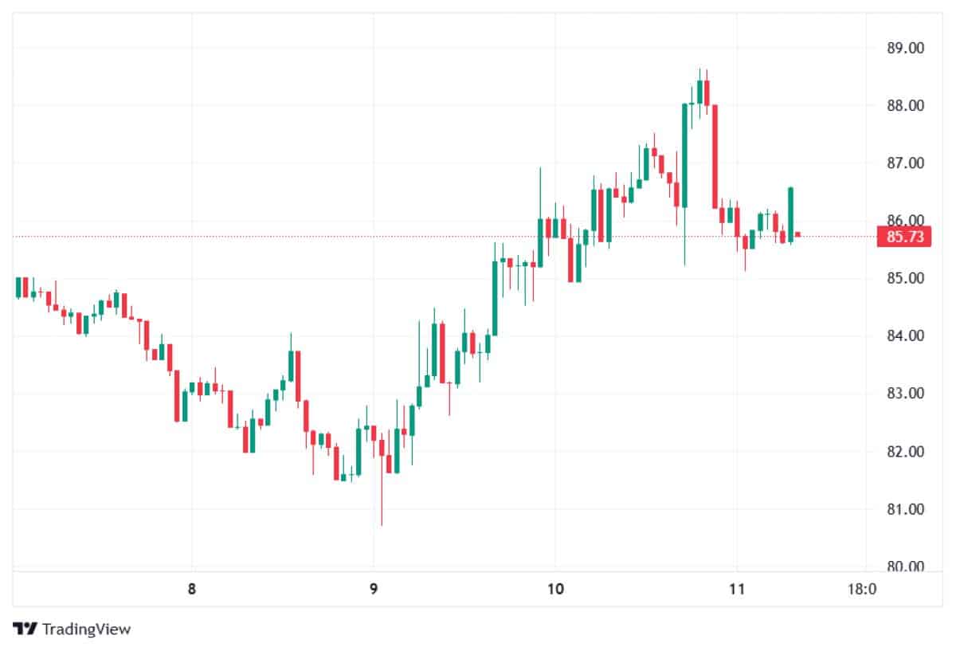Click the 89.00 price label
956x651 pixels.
tap(905, 48)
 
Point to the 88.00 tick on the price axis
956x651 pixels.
tap(905, 105)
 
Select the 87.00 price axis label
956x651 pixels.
tap(905, 163)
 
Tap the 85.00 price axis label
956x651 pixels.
tap(905, 278)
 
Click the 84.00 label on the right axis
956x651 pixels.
tap(905, 336)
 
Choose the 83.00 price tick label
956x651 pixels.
tap(905, 393)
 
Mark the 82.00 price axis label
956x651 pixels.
tap(905, 452)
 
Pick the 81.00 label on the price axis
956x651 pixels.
tap(905, 509)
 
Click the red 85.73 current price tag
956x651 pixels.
tap(904, 237)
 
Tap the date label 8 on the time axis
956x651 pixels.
tap(192, 589)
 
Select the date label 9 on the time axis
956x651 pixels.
tap(374, 589)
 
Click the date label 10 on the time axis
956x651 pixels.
tap(555, 589)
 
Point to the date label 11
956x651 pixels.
tap(737, 589)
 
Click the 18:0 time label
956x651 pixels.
tap(862, 589)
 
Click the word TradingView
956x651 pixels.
tap(86, 629)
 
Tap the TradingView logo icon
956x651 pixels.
tap(25, 629)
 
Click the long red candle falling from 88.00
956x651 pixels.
tap(715, 157)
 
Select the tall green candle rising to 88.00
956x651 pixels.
tap(684, 155)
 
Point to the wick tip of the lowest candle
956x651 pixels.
tap(382, 526)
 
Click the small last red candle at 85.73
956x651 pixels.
tap(797, 234)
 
